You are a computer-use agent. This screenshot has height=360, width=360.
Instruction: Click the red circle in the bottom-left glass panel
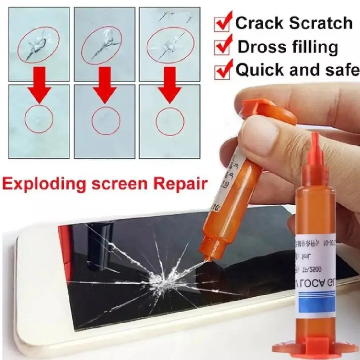[x=39, y=119]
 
